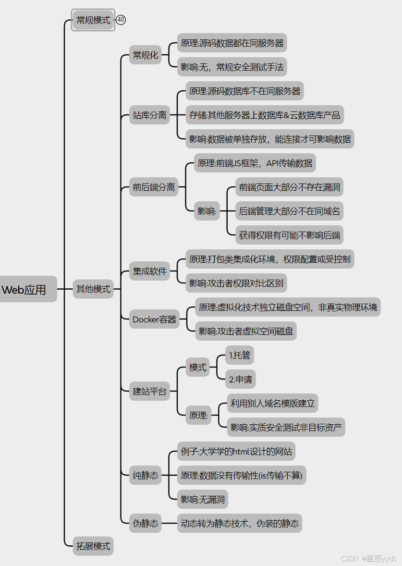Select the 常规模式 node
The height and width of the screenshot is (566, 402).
pos(93,20)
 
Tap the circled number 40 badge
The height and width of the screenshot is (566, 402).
pos(121,20)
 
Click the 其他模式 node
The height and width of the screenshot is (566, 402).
pos(93,289)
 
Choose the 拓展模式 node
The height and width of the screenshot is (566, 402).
pos(93,546)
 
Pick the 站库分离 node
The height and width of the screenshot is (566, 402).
pos(150,115)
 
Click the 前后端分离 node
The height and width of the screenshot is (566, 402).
pos(154,187)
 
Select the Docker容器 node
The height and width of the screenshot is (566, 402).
pos(155,320)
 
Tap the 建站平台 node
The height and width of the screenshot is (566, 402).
pos(150,392)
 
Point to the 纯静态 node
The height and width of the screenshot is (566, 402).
pos(146,476)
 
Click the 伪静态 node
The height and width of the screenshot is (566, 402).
pos(146,523)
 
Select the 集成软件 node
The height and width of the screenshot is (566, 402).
pos(150,271)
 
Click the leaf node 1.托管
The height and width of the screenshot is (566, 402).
pos(240,356)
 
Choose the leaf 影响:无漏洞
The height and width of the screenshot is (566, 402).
pos(203,500)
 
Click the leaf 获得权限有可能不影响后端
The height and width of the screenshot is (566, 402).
pos(289,235)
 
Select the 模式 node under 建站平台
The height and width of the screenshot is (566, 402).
pos(198,368)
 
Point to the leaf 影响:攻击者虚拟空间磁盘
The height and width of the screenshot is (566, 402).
pos(246,332)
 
